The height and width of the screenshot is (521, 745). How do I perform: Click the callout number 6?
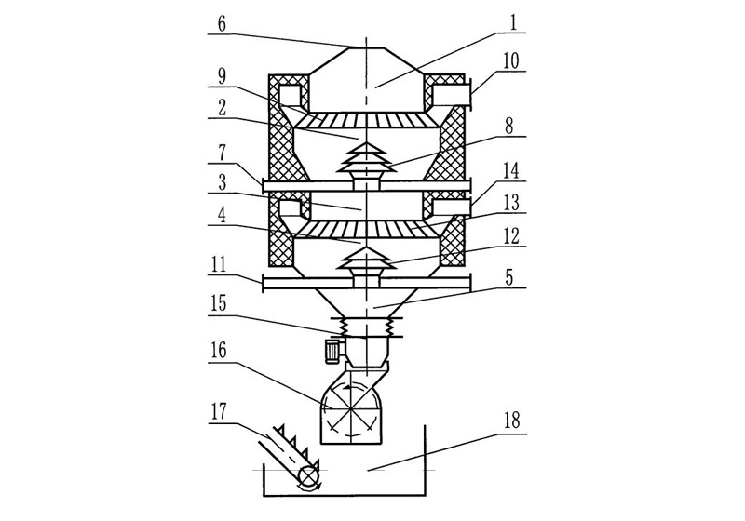pos(222,25)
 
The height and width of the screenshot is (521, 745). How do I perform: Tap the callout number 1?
pos(513,23)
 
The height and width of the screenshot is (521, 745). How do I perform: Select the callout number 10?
pos(510,61)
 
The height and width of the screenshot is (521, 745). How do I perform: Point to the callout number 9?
pos(222,77)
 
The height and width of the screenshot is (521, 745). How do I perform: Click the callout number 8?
pos(509,127)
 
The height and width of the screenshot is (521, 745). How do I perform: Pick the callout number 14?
pos(510,172)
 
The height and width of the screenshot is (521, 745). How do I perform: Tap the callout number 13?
pos(510,203)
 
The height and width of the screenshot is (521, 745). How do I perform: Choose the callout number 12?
pos(511,236)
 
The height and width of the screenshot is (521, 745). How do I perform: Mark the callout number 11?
pos(219,266)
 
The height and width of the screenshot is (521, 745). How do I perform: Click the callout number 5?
pos(509,278)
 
